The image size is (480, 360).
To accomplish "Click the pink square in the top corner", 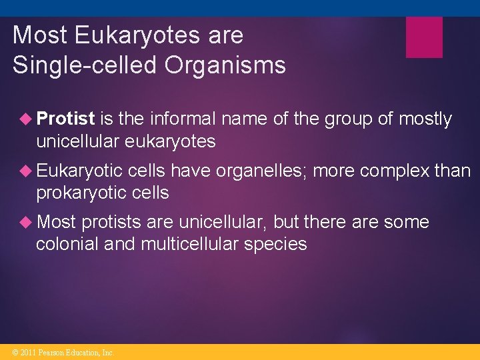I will point(424,37).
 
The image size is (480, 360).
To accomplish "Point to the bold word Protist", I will point(66,119).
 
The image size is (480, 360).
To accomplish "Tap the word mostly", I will point(425,119).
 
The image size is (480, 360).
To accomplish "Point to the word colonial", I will point(66,245).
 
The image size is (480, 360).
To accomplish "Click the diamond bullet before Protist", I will point(27,119).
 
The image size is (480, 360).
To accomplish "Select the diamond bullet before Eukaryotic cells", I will point(27,171).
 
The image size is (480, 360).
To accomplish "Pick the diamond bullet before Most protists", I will point(27,223).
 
